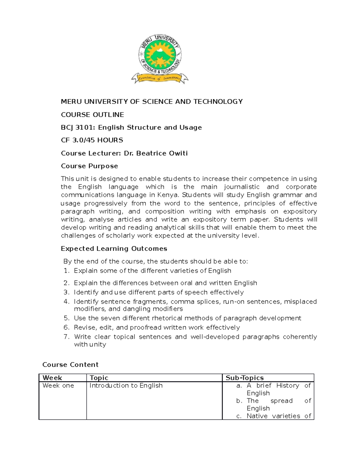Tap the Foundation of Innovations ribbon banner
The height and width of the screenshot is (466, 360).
pyautogui.click(x=160, y=79)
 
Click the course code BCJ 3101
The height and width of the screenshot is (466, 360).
pyautogui.click(x=77, y=128)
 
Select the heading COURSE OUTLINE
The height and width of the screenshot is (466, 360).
pyautogui.click(x=92, y=115)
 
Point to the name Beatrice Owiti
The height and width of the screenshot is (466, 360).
pyautogui.click(x=162, y=153)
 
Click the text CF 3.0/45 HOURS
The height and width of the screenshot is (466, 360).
pyautogui.click(x=92, y=140)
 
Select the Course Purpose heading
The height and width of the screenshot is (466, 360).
pyautogui.click(x=89, y=166)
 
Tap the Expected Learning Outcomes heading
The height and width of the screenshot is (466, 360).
pyautogui.click(x=114, y=248)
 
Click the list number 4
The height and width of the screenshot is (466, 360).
pyautogui.click(x=66, y=302)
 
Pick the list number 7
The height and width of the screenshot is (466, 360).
pyautogui.click(x=66, y=337)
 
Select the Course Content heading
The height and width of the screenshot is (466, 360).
pyautogui.click(x=70, y=365)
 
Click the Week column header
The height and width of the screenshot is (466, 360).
pyautogui.click(x=52, y=378)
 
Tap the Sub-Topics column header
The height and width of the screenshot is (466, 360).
pyautogui.click(x=244, y=378)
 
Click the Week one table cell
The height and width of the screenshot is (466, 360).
pyautogui.click(x=58, y=386)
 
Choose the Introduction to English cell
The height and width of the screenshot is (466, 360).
pyautogui.click(x=126, y=386)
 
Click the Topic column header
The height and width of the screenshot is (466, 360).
pyautogui.click(x=99, y=378)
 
